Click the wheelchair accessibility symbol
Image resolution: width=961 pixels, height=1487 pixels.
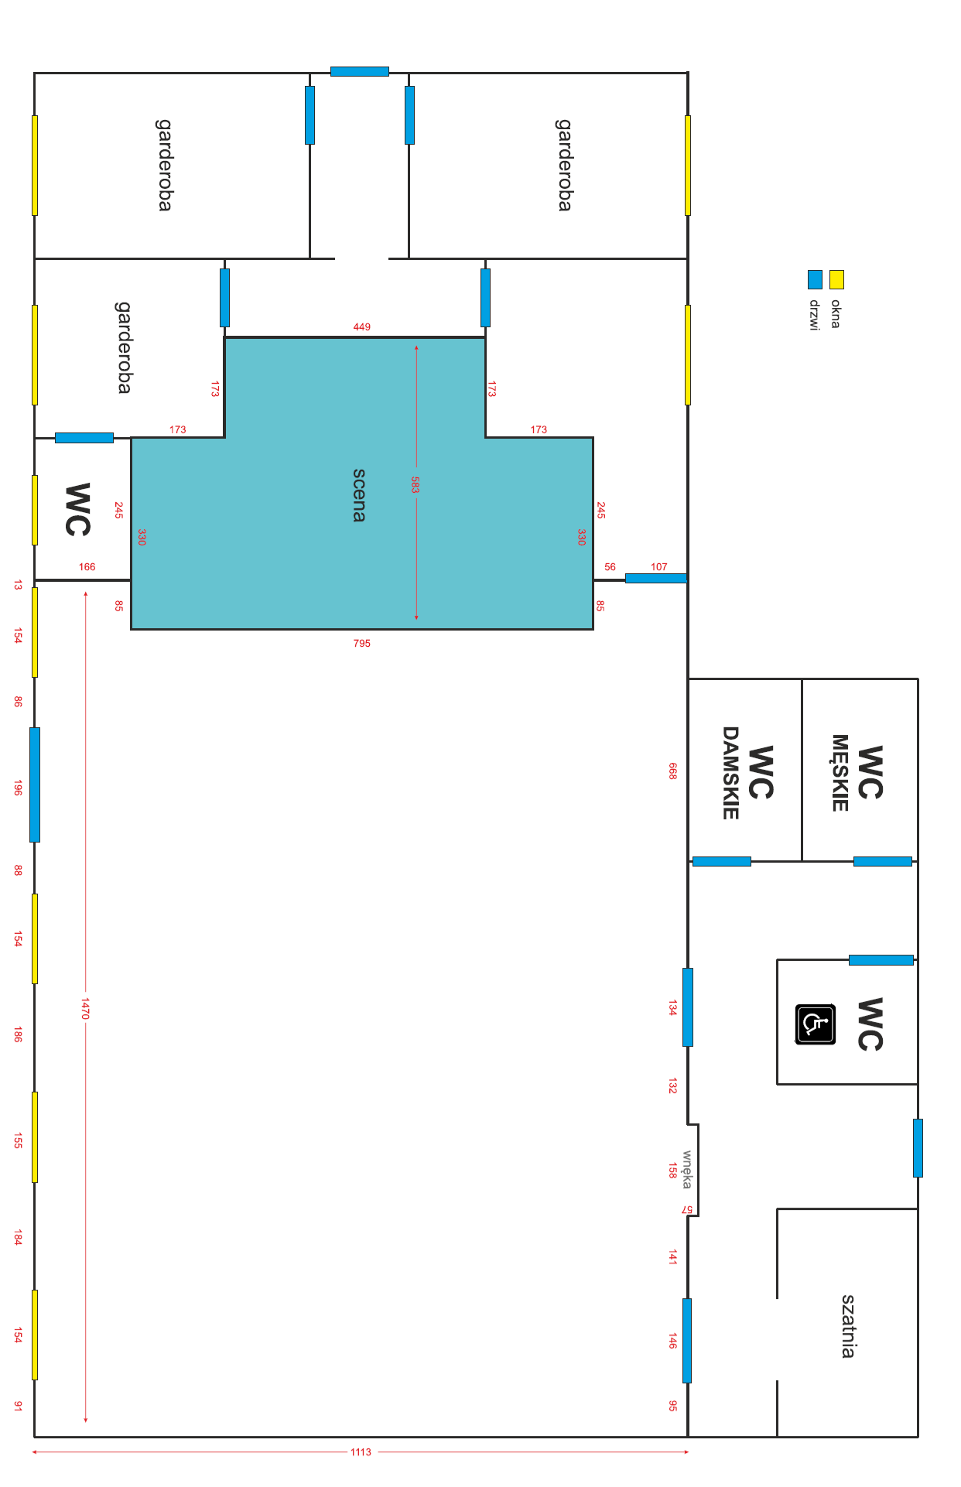[x=815, y=1024]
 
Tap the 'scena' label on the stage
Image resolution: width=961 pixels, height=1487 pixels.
[x=359, y=495]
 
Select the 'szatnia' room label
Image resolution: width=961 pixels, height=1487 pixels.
[x=848, y=1326]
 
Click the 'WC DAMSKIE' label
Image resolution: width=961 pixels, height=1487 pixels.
[x=747, y=772]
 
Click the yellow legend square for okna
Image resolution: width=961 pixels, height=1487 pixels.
[x=836, y=279]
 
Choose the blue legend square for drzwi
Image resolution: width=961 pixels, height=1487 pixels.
[x=815, y=279]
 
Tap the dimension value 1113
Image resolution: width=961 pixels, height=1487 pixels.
[x=361, y=1452]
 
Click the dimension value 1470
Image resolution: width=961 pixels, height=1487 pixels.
[x=86, y=1008]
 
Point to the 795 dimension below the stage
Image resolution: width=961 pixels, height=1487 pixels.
[x=361, y=643]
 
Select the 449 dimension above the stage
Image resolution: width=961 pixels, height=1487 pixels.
[x=361, y=326]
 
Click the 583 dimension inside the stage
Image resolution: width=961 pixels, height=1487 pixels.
[x=416, y=485]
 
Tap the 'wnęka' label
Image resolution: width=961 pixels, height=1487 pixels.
[x=687, y=1169]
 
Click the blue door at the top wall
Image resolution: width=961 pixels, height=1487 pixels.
[x=360, y=71]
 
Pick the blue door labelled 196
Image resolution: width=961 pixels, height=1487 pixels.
[x=35, y=785]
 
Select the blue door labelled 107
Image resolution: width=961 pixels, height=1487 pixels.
[x=656, y=578]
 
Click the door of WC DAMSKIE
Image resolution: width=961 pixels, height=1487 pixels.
[x=722, y=861]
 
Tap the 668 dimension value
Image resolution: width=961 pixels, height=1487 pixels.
[x=672, y=771]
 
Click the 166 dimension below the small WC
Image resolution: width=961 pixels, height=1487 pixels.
[x=87, y=566]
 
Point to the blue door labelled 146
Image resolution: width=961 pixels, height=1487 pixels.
[x=687, y=1341]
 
